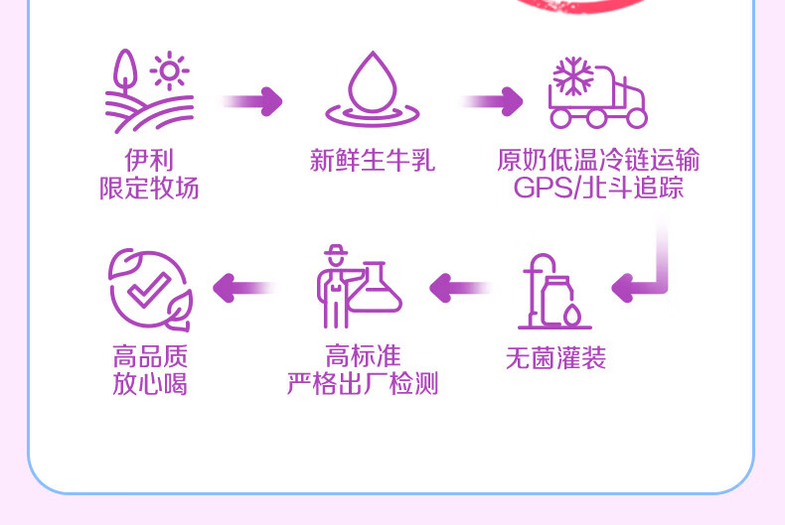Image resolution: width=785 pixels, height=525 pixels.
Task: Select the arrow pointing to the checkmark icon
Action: click(242, 288)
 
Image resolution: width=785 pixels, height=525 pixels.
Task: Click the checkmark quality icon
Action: click(149, 289)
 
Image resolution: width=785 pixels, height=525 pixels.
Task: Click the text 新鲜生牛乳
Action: click(373, 161)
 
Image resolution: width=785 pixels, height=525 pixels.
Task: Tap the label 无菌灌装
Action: click(555, 358)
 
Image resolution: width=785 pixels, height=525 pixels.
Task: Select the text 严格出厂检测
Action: click(363, 383)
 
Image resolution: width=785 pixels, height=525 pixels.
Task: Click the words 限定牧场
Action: click(149, 188)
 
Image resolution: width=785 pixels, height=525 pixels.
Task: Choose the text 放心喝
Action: click(150, 383)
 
